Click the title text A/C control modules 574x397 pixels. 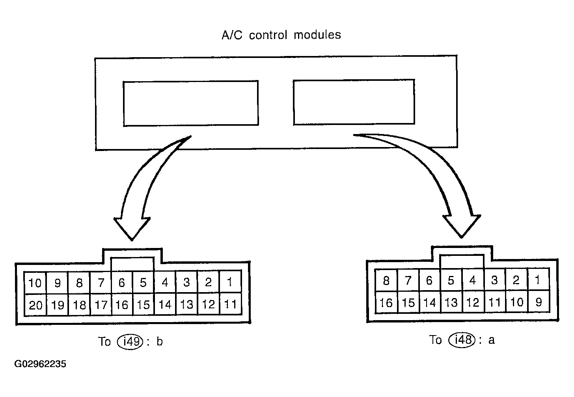[281, 35]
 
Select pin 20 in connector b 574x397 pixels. [35, 305]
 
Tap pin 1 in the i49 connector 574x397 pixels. [230, 282]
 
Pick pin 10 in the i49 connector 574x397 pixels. [35, 283]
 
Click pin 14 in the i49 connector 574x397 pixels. [165, 305]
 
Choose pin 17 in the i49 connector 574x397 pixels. [101, 305]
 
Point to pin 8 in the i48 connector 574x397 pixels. [386, 281]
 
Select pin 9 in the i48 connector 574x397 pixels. [539, 302]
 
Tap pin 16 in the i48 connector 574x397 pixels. [386, 302]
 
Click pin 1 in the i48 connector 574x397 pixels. [538, 280]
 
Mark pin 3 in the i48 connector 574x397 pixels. [494, 280]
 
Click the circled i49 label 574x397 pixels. [130, 341]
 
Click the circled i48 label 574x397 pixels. [462, 339]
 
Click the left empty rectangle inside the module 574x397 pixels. [191, 103]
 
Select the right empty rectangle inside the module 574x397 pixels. [354, 102]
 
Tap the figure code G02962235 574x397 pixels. [41, 364]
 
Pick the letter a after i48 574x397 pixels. [491, 340]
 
